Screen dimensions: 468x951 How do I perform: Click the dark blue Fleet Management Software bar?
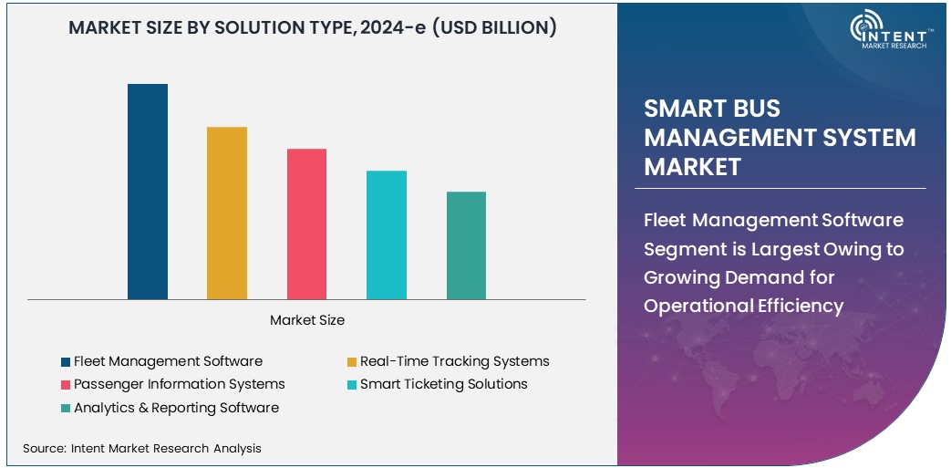click(x=147, y=192)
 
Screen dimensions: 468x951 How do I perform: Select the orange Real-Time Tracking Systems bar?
click(x=227, y=213)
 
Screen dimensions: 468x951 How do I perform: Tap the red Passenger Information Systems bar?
click(x=306, y=224)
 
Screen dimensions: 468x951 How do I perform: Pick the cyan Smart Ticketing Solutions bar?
click(x=387, y=234)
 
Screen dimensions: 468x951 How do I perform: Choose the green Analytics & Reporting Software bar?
click(x=466, y=245)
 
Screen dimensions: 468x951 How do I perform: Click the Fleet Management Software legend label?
click(x=168, y=361)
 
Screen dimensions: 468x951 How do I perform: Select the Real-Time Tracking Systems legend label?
click(x=454, y=361)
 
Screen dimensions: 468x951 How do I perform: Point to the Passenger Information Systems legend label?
click(x=179, y=384)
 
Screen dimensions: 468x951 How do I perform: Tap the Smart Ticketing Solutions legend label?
click(x=443, y=384)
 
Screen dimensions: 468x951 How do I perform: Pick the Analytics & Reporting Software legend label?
click(x=176, y=408)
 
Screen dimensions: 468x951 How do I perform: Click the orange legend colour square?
click(x=351, y=362)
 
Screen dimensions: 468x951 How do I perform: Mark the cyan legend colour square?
click(x=351, y=385)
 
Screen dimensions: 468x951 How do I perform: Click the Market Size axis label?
click(x=307, y=320)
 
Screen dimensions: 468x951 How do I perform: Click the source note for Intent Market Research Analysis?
click(x=141, y=448)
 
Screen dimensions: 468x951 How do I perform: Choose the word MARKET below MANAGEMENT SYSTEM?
click(x=692, y=167)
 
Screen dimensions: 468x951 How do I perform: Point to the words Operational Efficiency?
click(x=743, y=306)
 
